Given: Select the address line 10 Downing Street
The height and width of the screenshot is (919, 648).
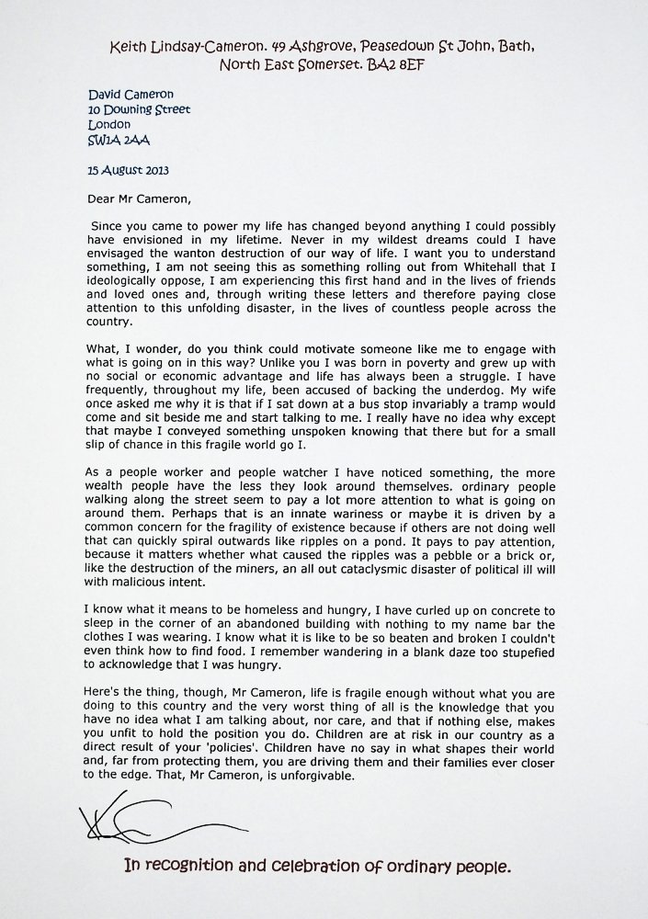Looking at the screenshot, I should pos(140,108).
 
